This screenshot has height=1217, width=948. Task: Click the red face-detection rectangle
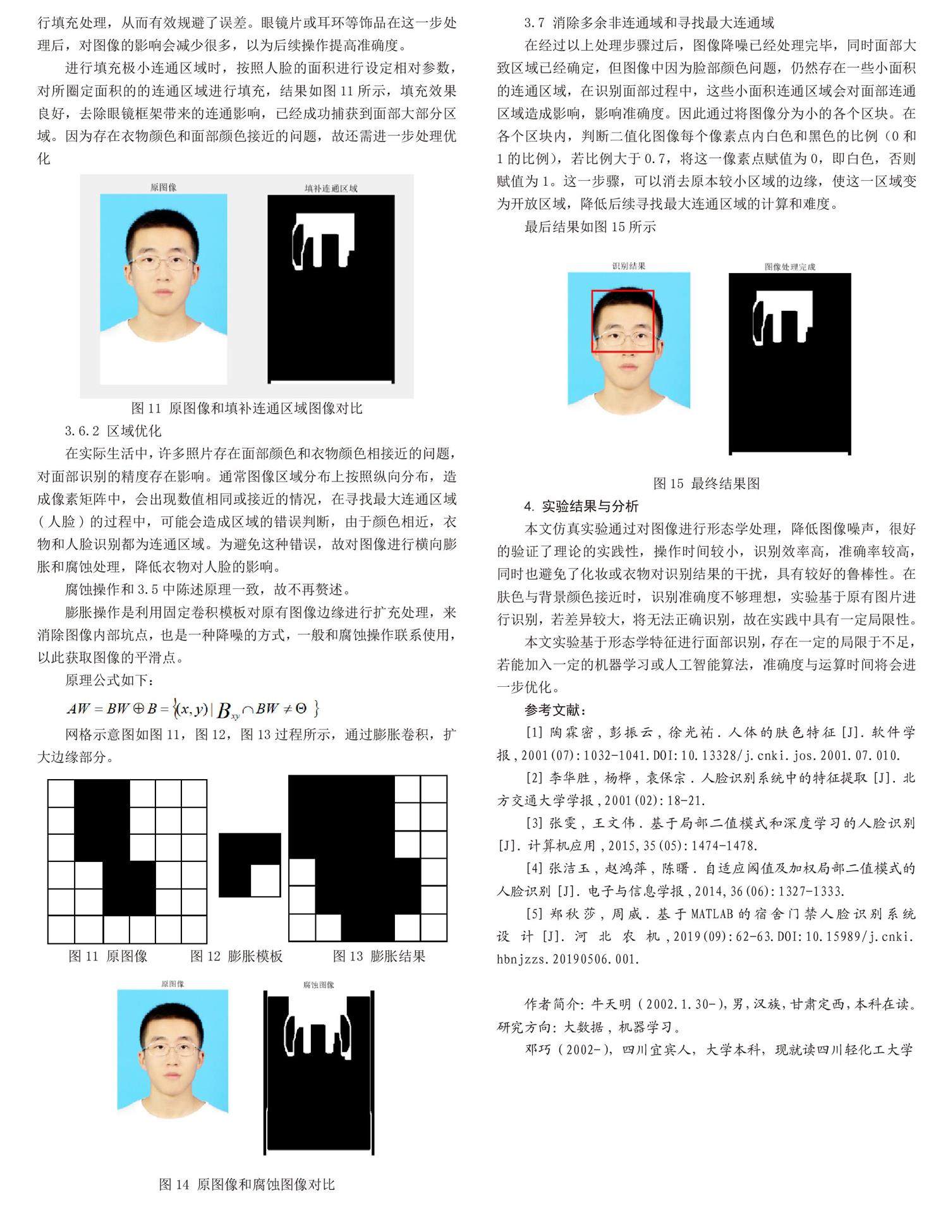coord(623,291)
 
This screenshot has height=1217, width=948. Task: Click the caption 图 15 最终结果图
coord(706,483)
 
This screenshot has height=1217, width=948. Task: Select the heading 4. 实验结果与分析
coord(581,506)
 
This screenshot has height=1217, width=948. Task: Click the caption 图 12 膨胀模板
coord(236,956)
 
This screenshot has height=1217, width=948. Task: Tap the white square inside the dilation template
coord(265,880)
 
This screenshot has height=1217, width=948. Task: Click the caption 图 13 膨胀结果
coord(379,956)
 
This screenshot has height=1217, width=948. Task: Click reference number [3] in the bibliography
coord(534,823)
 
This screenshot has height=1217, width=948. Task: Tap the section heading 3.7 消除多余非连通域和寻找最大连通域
coord(649,23)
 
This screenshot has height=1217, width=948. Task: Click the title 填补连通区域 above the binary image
coord(331,188)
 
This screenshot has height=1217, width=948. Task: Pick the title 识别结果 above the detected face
coord(628,267)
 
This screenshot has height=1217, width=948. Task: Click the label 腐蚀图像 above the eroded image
coord(319,984)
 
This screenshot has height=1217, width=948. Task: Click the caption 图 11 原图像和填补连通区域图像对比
coord(246,408)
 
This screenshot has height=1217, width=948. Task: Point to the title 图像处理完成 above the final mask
coord(789,267)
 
